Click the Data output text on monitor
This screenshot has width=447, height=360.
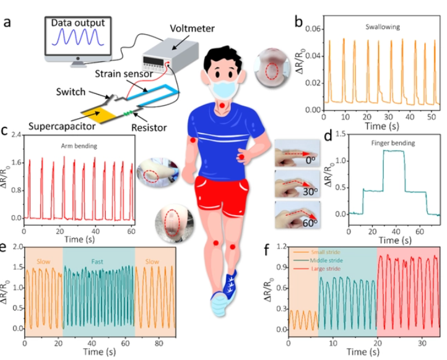tap(78, 23)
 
